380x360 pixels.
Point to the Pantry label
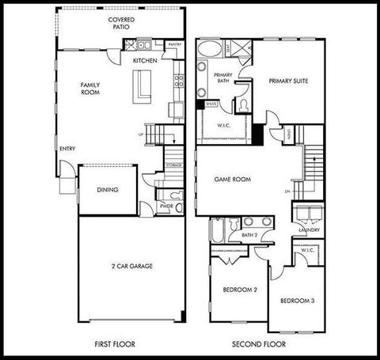tap(175, 45)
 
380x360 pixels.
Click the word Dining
tap(108, 190)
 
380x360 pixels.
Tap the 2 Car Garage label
tap(131, 266)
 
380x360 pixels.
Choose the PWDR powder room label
tap(166, 206)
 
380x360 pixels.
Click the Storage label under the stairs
tap(174, 165)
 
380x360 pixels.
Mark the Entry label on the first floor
tap(66, 149)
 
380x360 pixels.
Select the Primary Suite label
tap(287, 81)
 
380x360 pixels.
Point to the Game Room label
tap(233, 180)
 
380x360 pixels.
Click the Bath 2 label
tap(249, 235)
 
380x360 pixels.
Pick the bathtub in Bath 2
tap(216, 230)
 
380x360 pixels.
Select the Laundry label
tap(310, 230)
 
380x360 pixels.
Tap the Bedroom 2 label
tap(238, 290)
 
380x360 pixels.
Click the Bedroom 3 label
tap(297, 301)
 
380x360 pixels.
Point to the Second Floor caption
tap(259, 345)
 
